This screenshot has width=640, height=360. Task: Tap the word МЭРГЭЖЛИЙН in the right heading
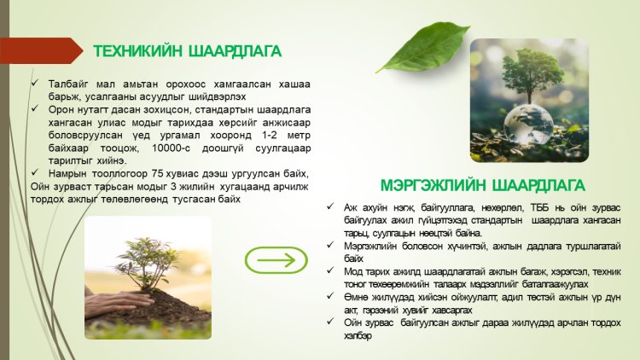(x=433, y=185)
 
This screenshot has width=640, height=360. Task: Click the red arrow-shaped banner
(x=41, y=50)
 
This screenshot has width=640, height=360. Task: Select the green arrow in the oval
(x=276, y=260)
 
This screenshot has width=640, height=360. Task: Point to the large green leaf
(x=423, y=48)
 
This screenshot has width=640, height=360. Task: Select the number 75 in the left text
(x=157, y=173)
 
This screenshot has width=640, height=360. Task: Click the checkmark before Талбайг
(x=34, y=83)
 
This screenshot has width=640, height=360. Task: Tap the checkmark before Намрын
(x=34, y=172)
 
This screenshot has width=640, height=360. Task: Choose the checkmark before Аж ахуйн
(x=330, y=206)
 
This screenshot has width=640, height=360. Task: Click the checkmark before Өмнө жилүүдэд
(x=330, y=296)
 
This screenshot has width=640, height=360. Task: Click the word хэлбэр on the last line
(x=358, y=336)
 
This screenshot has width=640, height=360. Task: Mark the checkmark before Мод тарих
(x=330, y=270)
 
